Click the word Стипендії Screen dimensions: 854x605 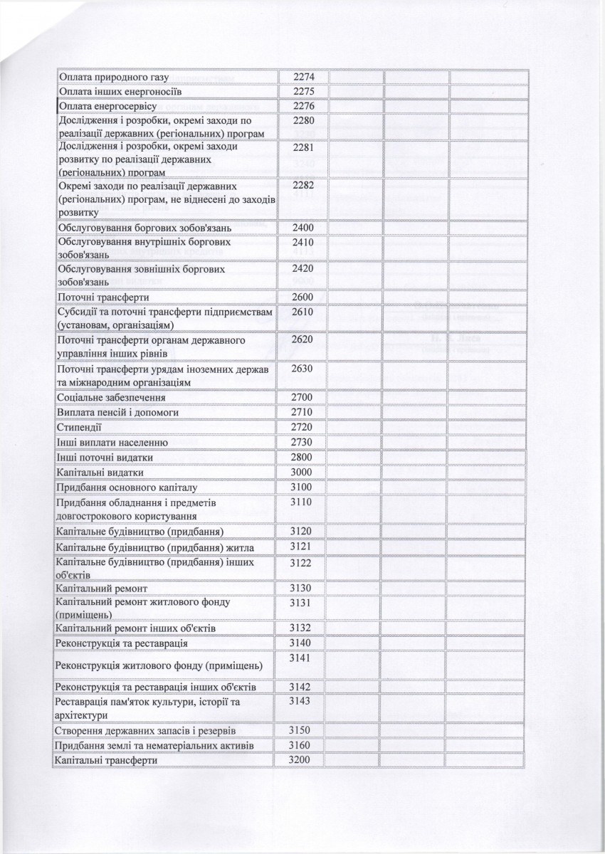pyautogui.click(x=79, y=427)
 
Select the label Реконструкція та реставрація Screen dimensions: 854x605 pyautogui.click(x=122, y=643)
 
